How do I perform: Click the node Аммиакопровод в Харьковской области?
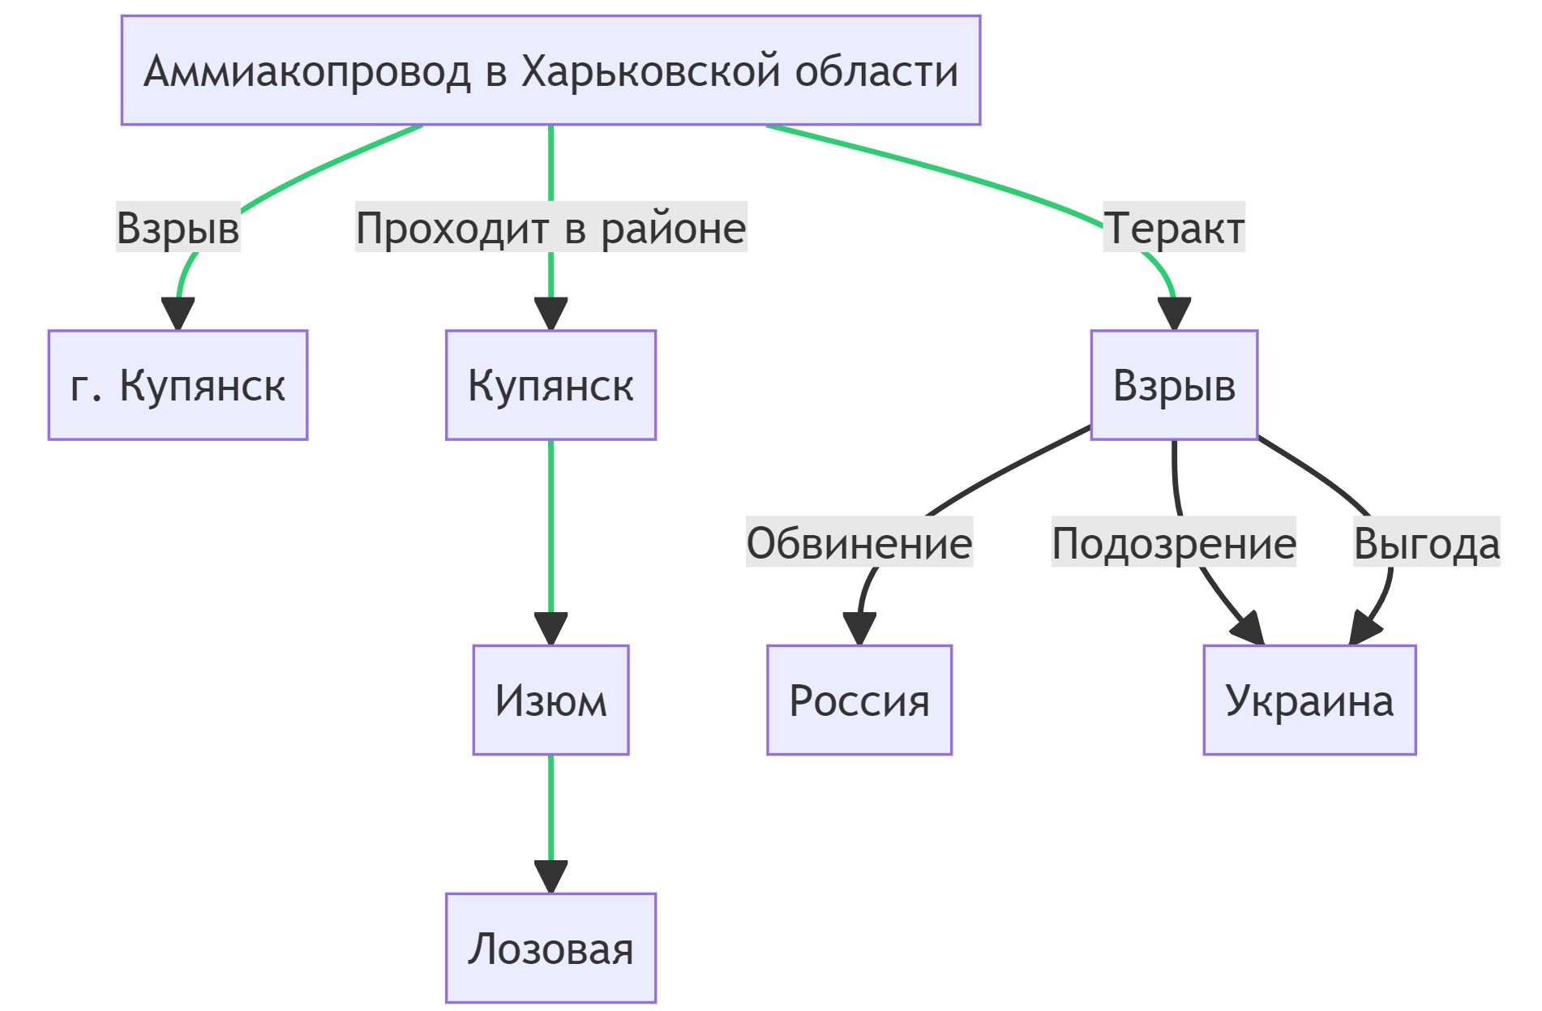pyautogui.click(x=550, y=71)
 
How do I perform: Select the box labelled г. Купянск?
pyautogui.click(x=178, y=385)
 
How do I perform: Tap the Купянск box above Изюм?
pyautogui.click(x=550, y=385)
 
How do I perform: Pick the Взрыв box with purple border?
pyautogui.click(x=1174, y=385)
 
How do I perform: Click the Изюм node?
pyautogui.click(x=550, y=700)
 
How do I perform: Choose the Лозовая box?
pyautogui.click(x=550, y=949)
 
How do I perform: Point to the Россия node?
pyautogui.click(x=859, y=700)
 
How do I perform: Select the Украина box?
pyautogui.click(x=1309, y=700)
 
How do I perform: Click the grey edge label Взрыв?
pyautogui.click(x=178, y=227)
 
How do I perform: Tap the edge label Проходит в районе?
pyautogui.click(x=550, y=227)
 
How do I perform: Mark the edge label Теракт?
pyautogui.click(x=1174, y=227)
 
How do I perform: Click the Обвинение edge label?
pyautogui.click(x=859, y=543)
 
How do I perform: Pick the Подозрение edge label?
pyautogui.click(x=1174, y=543)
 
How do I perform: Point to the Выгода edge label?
pyautogui.click(x=1427, y=543)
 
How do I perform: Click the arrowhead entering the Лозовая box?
pyautogui.click(x=550, y=877)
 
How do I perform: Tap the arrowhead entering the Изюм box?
pyautogui.click(x=550, y=629)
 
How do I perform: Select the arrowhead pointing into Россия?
pyautogui.click(x=859, y=629)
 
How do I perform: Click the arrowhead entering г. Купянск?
pyautogui.click(x=178, y=314)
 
